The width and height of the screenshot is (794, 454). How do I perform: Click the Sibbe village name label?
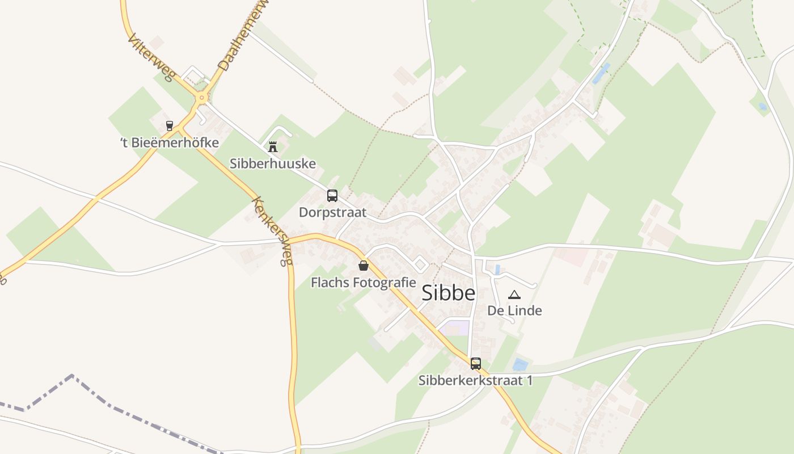point(448,293)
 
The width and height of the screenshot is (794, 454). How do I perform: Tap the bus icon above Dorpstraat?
point(332,196)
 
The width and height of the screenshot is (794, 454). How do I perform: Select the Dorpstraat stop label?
point(332,213)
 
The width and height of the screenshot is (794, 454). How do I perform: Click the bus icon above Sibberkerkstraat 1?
point(475,363)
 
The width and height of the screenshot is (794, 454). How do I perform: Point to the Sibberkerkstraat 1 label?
point(475,381)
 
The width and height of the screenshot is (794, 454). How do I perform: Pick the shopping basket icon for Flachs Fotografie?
point(364,265)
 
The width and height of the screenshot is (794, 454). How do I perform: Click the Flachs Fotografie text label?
point(364,283)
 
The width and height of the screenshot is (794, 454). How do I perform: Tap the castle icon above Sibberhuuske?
point(273,147)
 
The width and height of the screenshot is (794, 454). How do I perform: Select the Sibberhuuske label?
point(273,164)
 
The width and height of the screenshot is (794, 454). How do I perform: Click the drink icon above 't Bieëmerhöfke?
point(169,125)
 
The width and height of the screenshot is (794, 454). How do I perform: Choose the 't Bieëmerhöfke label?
point(170,142)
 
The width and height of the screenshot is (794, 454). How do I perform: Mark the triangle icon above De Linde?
point(514,295)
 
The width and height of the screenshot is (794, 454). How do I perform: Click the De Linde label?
point(514,311)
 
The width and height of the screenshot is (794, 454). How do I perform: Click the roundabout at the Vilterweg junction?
point(201,98)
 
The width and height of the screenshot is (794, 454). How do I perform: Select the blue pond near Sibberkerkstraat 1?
point(520,364)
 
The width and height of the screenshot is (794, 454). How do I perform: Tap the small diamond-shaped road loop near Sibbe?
point(420,264)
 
